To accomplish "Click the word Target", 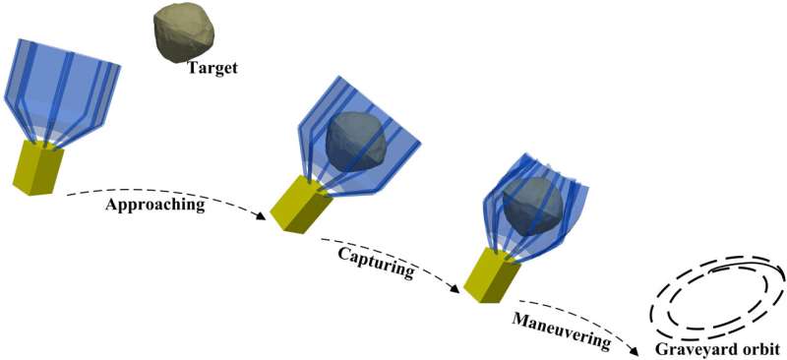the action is (x=214, y=67).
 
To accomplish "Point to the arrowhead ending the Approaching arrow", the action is (x=263, y=216).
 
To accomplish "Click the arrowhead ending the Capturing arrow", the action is (x=455, y=291).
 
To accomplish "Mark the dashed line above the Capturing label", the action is (x=384, y=243).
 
